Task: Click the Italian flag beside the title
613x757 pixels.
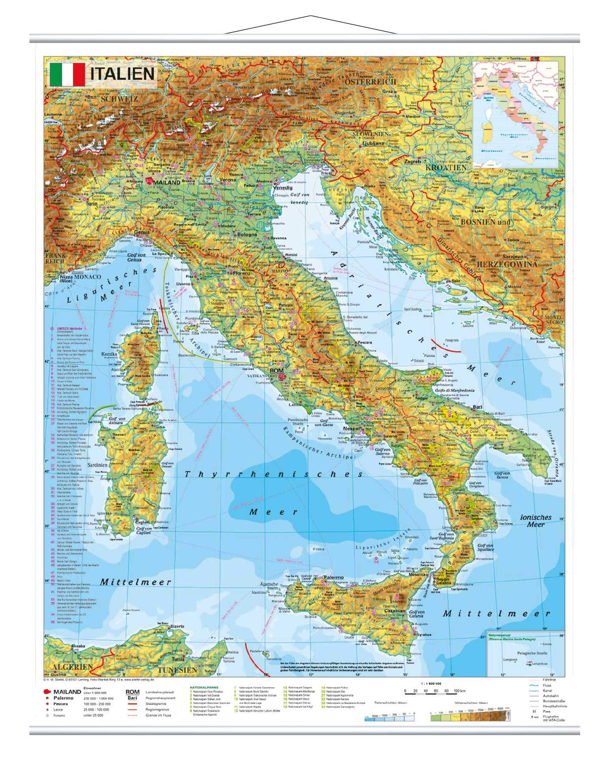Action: point(67,75)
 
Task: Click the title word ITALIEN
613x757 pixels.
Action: point(122,74)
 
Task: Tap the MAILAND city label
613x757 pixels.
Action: point(166,182)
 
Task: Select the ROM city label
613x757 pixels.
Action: point(276,370)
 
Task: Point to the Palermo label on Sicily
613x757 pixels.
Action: point(334,577)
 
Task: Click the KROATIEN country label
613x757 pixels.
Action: point(446,167)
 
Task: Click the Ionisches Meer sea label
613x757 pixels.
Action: point(535,521)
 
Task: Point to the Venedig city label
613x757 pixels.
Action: point(282,188)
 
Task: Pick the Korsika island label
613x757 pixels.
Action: point(109,354)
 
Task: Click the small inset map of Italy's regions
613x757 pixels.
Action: point(515,114)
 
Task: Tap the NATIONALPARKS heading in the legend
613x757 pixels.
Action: point(204,687)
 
